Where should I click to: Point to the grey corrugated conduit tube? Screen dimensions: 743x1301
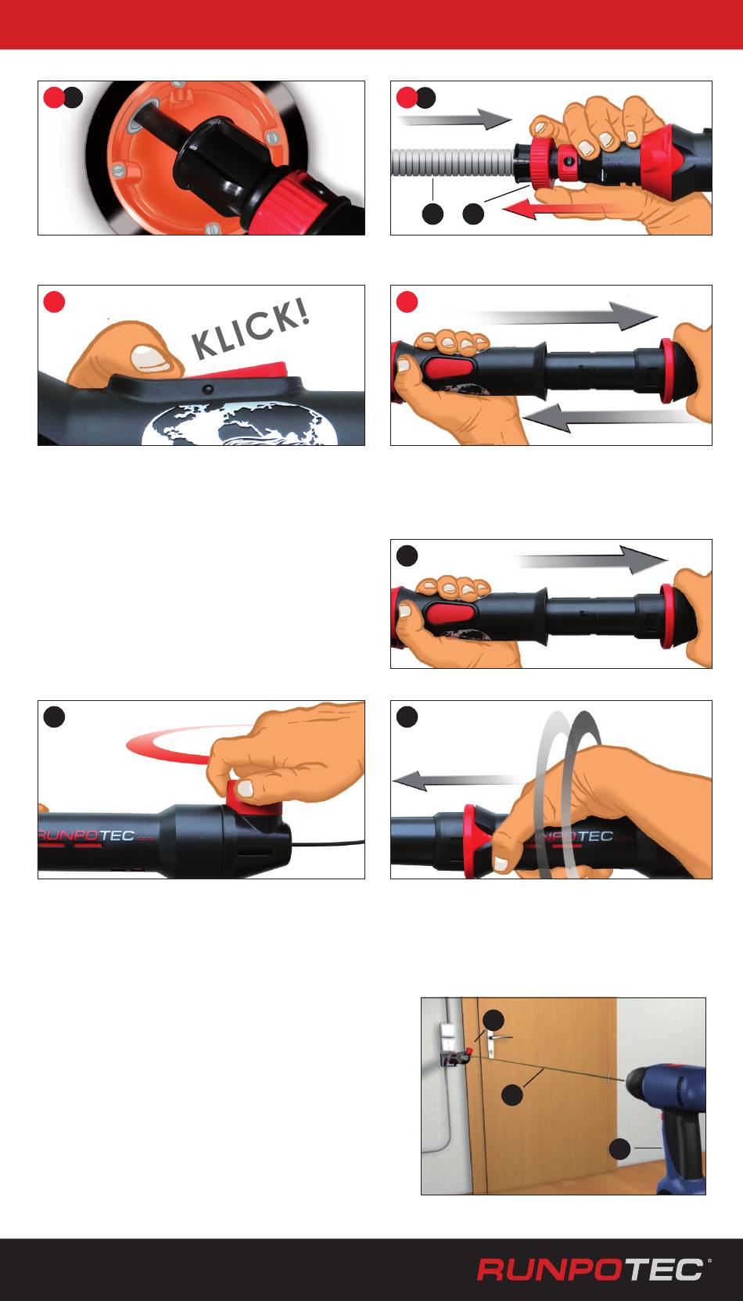click(454, 163)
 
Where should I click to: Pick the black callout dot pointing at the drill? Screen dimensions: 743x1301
click(620, 1148)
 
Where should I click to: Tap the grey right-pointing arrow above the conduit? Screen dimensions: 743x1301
click(455, 119)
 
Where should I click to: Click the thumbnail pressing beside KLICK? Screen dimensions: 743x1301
click(153, 358)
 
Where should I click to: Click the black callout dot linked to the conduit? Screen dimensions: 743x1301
click(433, 214)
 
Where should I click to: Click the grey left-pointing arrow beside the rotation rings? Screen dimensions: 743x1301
click(458, 779)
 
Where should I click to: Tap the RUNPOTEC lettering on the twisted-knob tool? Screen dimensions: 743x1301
click(87, 836)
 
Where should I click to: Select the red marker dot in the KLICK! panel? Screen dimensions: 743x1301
click(54, 302)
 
